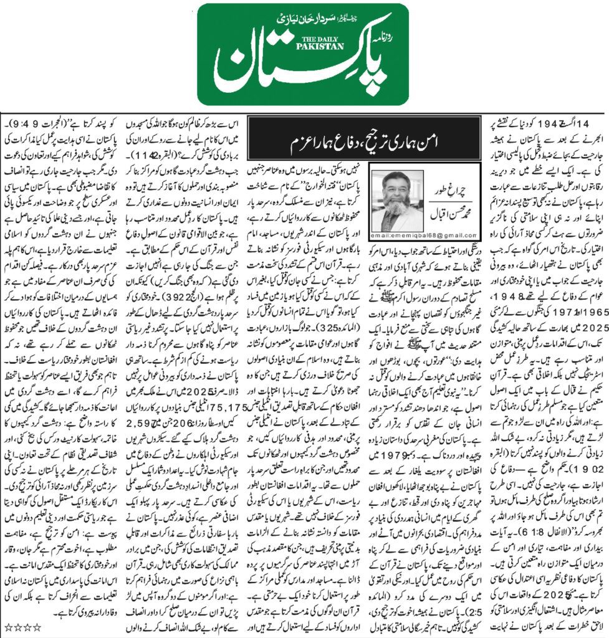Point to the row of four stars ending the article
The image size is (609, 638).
pos(19,625)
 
